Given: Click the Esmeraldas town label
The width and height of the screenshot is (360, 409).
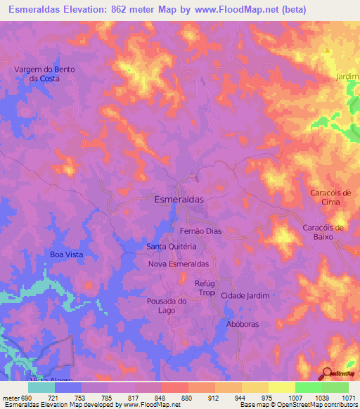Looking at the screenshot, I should (x=179, y=200).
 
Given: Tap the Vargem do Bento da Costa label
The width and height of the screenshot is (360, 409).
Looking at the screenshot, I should (x=44, y=74).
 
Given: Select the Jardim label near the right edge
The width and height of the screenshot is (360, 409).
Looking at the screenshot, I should (x=347, y=77).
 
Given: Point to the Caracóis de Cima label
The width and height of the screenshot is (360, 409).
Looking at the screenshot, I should (x=325, y=197).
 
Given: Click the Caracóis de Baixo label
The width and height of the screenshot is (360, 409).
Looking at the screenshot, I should (x=323, y=232).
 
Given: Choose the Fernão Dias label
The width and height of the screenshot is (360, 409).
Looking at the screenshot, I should (x=201, y=231).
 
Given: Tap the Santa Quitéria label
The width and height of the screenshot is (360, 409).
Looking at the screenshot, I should (x=171, y=247).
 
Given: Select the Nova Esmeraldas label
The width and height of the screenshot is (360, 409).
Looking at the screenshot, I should (x=179, y=264).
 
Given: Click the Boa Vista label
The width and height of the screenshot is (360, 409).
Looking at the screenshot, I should (x=67, y=254).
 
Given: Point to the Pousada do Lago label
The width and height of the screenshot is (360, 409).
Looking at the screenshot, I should (x=166, y=305).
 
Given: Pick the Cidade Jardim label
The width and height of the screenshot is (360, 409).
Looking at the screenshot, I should (x=245, y=296).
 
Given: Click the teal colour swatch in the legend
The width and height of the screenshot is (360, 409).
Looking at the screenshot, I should (x=41, y=387).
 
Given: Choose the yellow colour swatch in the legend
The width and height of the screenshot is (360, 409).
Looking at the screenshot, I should (x=281, y=387).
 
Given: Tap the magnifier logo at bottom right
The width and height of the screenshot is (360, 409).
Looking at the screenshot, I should (x=327, y=373).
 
